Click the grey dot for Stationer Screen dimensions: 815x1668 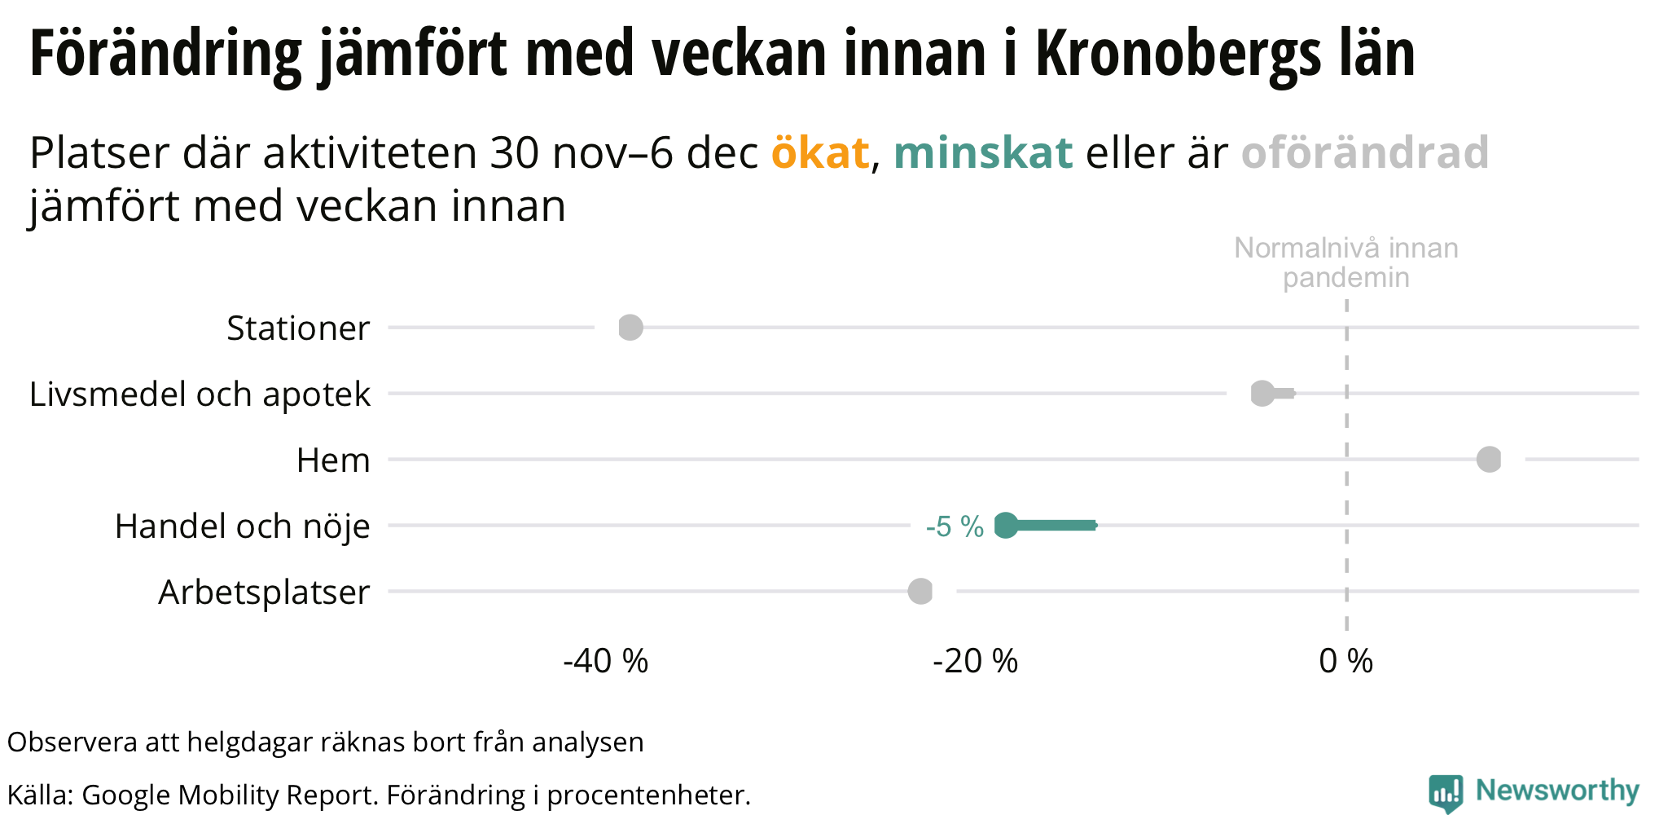[x=630, y=328]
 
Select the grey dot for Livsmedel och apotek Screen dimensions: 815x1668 [x=1262, y=394]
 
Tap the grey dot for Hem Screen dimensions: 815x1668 [x=1489, y=460]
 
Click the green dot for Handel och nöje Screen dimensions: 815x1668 [x=1007, y=526]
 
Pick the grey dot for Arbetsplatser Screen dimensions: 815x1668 [x=920, y=592]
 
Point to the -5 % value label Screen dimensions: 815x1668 [x=955, y=527]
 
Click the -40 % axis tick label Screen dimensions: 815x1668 [x=605, y=661]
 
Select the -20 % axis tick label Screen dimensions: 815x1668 [x=975, y=661]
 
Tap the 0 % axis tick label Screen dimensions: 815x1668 [x=1345, y=661]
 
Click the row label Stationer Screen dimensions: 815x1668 [x=298, y=328]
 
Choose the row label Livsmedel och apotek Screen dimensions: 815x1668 [x=200, y=394]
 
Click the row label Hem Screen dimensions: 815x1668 [x=333, y=460]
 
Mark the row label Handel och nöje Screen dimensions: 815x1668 [x=243, y=526]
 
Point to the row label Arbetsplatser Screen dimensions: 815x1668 [x=264, y=593]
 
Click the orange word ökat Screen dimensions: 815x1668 [x=820, y=152]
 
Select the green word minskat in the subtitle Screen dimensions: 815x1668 [x=982, y=152]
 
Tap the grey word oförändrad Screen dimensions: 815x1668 [x=1365, y=152]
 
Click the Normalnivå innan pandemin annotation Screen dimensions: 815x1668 [x=1345, y=262]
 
